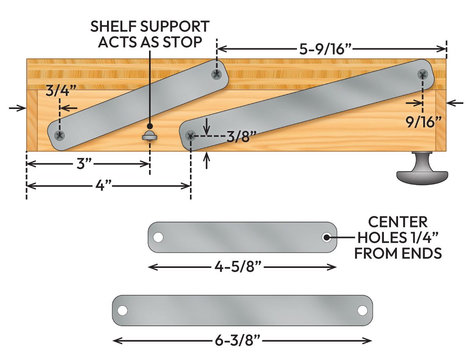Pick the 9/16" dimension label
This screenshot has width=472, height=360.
click(x=422, y=122)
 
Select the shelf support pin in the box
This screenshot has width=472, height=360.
click(x=149, y=136)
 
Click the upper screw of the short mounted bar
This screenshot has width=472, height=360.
click(x=216, y=73)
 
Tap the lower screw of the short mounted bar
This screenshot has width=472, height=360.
click(x=60, y=135)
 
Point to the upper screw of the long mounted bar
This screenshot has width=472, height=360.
click(x=422, y=74)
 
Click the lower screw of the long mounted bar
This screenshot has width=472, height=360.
click(x=191, y=136)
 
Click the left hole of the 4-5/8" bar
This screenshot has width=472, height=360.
click(x=158, y=238)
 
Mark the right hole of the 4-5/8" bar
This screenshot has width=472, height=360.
click(x=326, y=238)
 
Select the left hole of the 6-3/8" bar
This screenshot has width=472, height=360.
click(x=123, y=310)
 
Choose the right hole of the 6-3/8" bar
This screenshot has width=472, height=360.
click(x=362, y=310)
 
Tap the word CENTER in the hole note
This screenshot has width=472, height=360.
click(x=398, y=222)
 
